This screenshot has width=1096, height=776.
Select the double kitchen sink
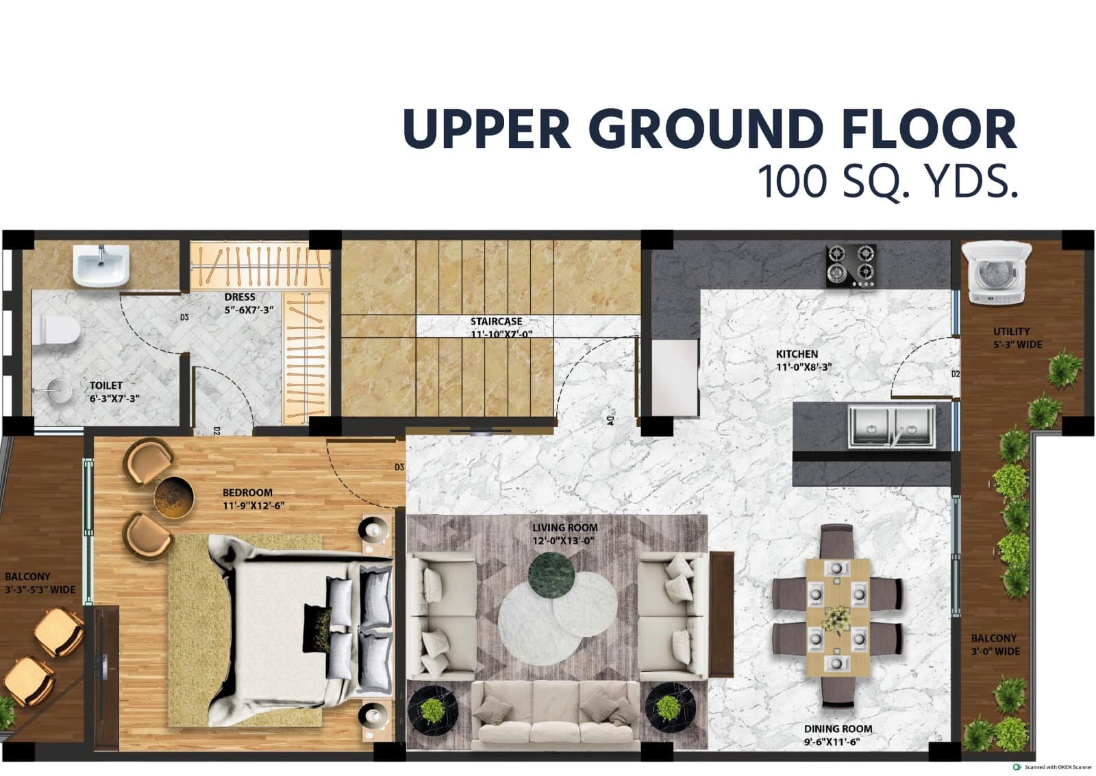click(x=891, y=426)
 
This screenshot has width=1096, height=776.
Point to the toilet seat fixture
click(x=57, y=330)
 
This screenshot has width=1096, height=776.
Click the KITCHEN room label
click(x=797, y=354)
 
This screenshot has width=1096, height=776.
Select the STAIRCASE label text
click(x=496, y=322)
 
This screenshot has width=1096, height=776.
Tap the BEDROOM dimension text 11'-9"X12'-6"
click(x=253, y=506)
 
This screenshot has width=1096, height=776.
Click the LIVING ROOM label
click(x=565, y=528)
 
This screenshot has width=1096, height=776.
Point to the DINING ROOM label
click(x=838, y=729)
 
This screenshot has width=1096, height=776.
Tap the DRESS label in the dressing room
click(x=240, y=298)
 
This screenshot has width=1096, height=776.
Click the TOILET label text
click(x=106, y=386)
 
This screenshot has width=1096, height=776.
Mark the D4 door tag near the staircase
click(x=609, y=420)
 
